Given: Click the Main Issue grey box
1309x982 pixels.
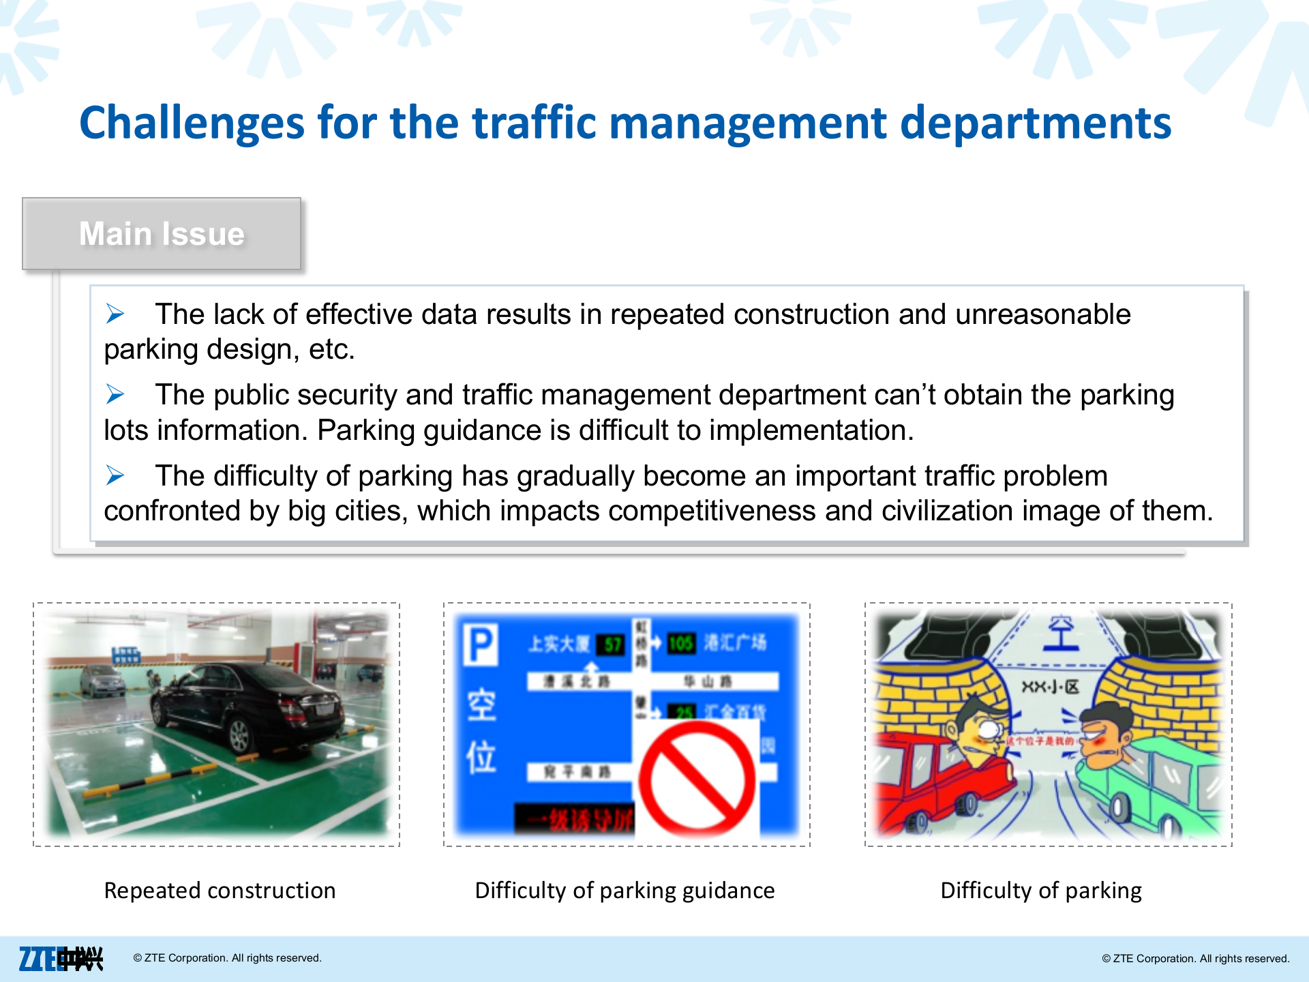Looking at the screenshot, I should click(x=162, y=234).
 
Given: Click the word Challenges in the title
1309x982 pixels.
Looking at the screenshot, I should click(x=192, y=123).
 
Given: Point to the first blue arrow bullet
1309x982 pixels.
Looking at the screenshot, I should click(x=115, y=314).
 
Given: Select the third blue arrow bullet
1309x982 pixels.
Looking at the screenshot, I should click(x=115, y=475).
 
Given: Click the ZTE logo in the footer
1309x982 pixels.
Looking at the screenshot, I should click(x=60, y=958).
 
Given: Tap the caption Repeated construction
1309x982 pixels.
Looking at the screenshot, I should click(x=220, y=891).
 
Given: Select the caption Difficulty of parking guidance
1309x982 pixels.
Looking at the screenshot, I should click(x=625, y=891).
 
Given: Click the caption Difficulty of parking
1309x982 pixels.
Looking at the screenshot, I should click(x=1041, y=891).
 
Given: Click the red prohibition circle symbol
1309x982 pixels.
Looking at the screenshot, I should click(x=697, y=779).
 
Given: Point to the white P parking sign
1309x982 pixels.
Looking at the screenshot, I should click(x=481, y=644).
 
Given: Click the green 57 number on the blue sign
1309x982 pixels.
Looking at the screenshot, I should click(x=612, y=644).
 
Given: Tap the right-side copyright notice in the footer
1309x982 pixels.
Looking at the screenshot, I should click(x=1195, y=958).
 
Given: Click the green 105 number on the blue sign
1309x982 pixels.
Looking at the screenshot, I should click(x=680, y=643).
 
